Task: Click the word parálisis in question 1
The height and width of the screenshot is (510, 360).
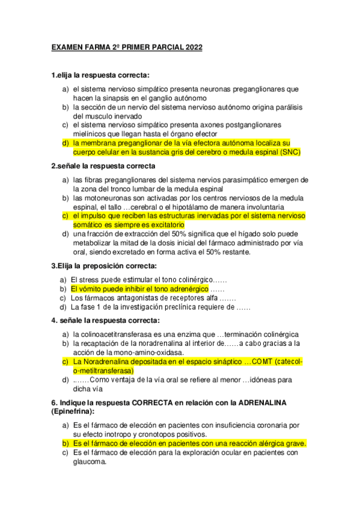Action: (285, 107)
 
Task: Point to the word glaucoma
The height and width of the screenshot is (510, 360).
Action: (89, 462)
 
